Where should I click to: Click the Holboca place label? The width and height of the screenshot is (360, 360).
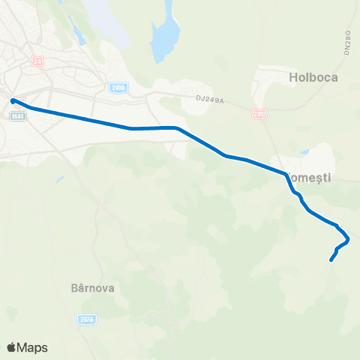click(x=313, y=77)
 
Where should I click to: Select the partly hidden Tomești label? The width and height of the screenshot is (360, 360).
click(x=310, y=178)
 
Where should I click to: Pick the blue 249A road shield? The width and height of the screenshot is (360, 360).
click(x=117, y=88)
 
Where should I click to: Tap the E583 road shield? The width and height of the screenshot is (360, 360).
click(x=19, y=115)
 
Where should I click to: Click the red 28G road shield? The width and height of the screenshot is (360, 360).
click(x=259, y=114)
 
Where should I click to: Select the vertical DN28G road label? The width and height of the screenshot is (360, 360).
click(x=348, y=42)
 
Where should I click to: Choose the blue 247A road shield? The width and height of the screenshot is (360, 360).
click(x=86, y=319)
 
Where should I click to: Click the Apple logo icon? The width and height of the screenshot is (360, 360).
click(x=11, y=347)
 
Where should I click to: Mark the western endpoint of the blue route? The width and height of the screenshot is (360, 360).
click(x=13, y=100)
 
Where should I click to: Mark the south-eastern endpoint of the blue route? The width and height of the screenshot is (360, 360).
click(x=331, y=261)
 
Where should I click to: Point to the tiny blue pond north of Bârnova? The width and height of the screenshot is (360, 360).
click(x=58, y=180)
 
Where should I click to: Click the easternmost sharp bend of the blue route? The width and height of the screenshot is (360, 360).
click(x=348, y=239)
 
